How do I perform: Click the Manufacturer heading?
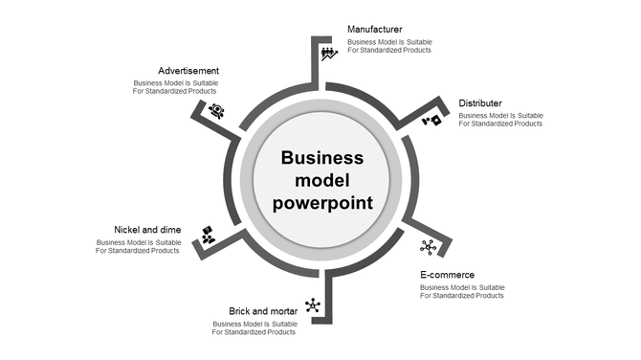pos(374,30)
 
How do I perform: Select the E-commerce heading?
pos(447,275)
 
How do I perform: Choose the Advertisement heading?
pos(188,71)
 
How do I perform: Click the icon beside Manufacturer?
pos(328,53)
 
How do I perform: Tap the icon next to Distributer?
pos(432,121)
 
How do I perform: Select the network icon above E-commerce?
pos(428,247)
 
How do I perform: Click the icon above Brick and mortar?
pos(312,305)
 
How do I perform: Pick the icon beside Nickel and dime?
pos(208,235)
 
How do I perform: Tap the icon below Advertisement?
pos(216,111)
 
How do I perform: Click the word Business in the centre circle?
pos(322,158)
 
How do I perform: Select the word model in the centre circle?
pos(322,181)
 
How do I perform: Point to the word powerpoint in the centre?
pos(322,203)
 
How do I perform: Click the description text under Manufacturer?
pos(389,46)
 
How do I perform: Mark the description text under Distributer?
pos(500,120)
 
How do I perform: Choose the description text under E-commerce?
pos(462,291)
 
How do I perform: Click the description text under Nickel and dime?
pos(139,246)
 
